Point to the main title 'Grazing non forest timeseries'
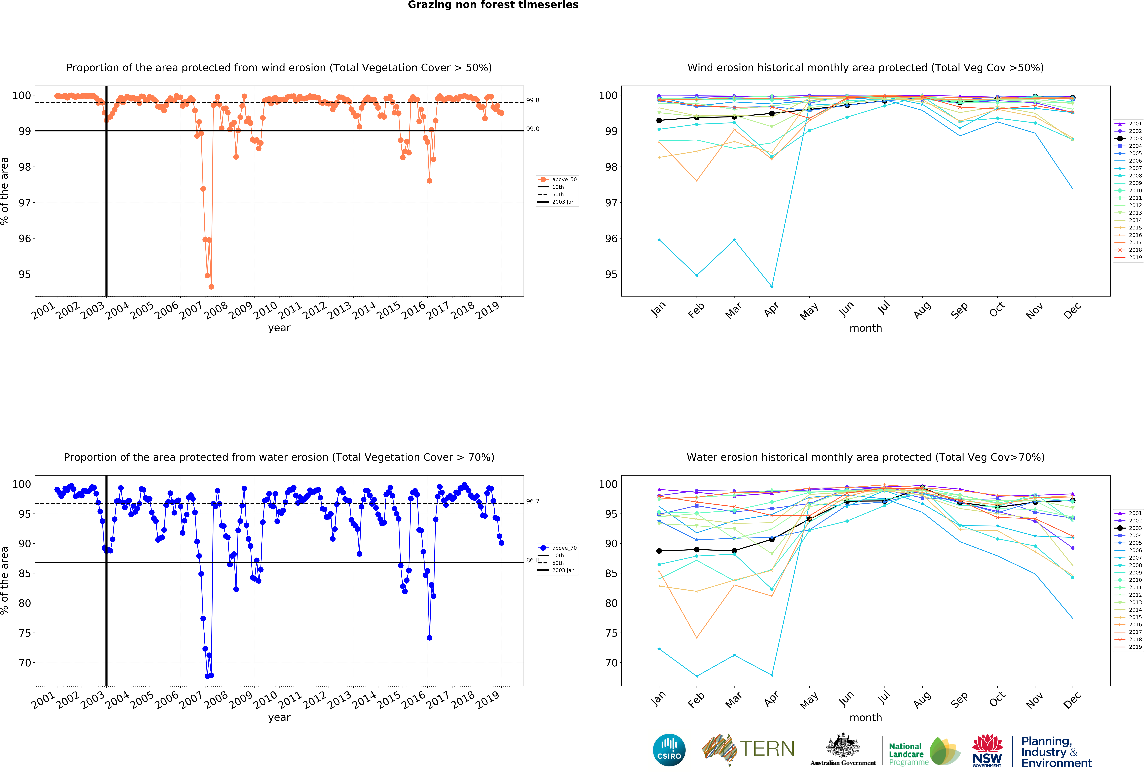pos(493,5)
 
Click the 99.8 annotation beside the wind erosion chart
pos(533,101)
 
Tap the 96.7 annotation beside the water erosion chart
pos(533,501)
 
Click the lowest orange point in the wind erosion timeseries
pos(211,287)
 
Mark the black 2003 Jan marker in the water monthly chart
pos(659,551)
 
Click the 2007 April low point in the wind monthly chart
pos(772,287)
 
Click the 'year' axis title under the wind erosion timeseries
pos(279,328)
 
